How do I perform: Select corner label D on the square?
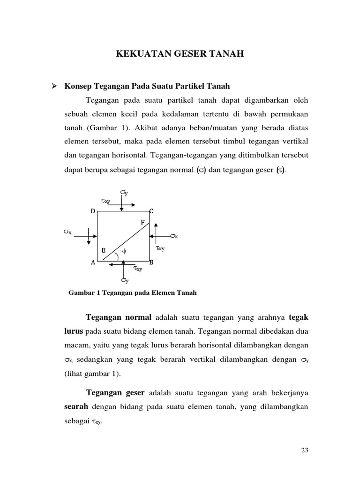(93, 211)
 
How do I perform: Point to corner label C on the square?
(151, 211)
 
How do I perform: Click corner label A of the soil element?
(93, 263)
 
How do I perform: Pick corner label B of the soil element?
(151, 263)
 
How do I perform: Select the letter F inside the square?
(142, 221)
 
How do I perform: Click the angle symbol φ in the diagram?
(124, 252)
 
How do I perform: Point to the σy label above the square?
(124, 193)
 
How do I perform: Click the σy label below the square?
(124, 280)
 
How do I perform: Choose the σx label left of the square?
(68, 232)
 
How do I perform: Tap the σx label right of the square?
(174, 236)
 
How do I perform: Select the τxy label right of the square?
(160, 248)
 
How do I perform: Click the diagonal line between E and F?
(126, 241)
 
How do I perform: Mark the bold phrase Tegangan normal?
(116, 317)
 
